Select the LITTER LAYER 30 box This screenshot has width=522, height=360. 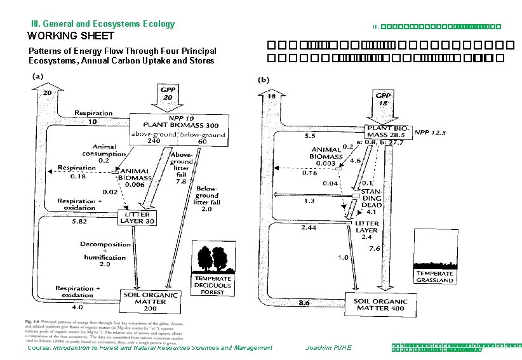click(x=138, y=218)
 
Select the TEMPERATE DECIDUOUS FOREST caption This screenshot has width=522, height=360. click(x=213, y=285)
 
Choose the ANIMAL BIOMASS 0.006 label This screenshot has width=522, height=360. click(x=133, y=178)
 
